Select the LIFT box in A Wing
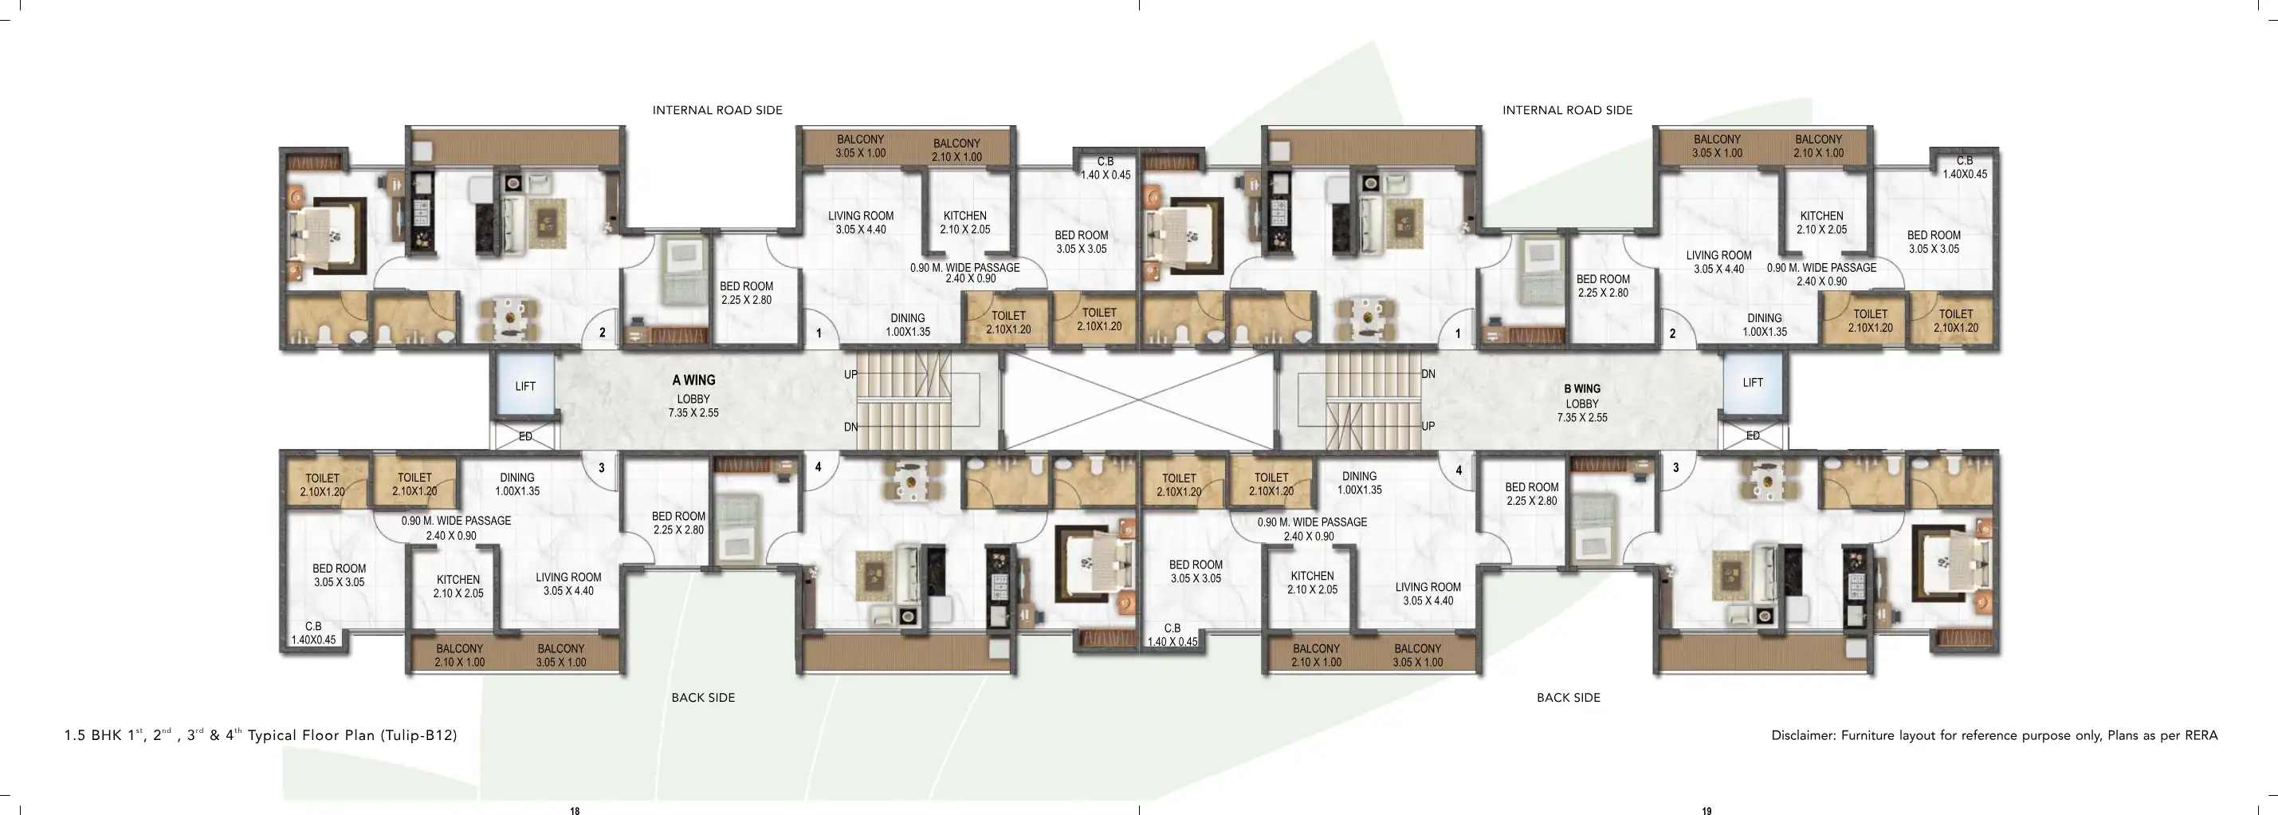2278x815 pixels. pos(525,387)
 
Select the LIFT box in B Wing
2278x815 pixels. pos(1753,383)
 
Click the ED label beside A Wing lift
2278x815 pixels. pos(525,436)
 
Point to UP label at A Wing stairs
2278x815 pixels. pos(850,375)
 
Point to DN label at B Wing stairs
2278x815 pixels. pos(1428,374)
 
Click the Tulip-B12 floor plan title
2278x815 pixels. pos(261,735)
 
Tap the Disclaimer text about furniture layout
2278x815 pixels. pos(1994,735)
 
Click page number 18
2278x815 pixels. pos(575,809)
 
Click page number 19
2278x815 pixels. pos(1707,809)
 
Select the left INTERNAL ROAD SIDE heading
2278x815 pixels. pos(717,111)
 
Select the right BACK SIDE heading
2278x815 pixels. pos(1568,697)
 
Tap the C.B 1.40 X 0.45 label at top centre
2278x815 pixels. pos(1106,168)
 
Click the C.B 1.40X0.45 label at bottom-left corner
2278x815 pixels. pos(313,632)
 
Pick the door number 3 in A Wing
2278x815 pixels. pos(601,467)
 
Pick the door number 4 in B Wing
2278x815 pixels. pos(1459,470)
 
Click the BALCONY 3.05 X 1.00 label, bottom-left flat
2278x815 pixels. pos(560,656)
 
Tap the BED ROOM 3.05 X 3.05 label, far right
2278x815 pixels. pos(1933,242)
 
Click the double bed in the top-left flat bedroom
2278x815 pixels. pos(325,235)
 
